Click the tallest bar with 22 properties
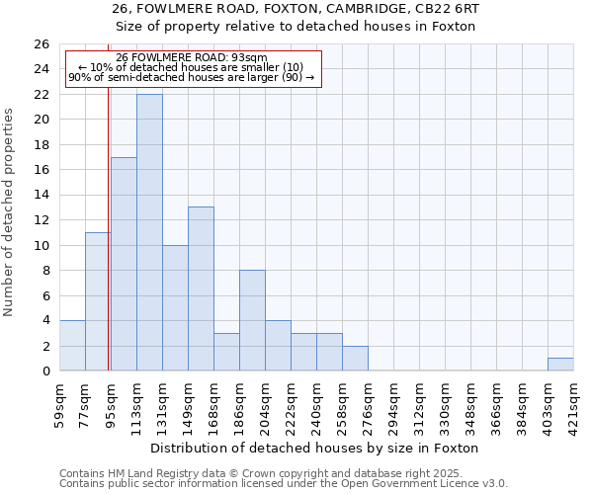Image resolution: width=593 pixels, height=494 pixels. click(x=149, y=232)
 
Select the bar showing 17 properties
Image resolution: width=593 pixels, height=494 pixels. click(x=124, y=264)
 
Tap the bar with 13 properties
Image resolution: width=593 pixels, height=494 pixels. click(x=201, y=288)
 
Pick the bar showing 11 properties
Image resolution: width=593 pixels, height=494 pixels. click(x=98, y=301)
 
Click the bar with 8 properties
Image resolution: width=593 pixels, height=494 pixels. click(x=252, y=320)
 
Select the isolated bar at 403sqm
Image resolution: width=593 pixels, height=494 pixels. click(x=560, y=365)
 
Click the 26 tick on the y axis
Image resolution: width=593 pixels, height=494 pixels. click(x=42, y=44)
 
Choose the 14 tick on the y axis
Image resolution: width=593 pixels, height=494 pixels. click(x=42, y=195)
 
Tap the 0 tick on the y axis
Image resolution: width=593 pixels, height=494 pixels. click(x=45, y=371)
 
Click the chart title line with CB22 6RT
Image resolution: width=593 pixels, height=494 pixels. click(x=302, y=8)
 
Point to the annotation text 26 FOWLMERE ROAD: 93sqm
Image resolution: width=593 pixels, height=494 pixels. click(x=191, y=57)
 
